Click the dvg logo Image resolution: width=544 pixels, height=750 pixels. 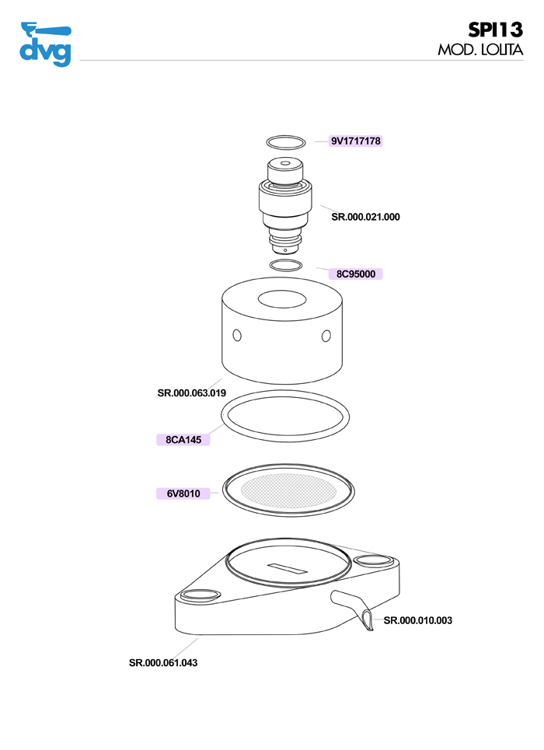pos(45,44)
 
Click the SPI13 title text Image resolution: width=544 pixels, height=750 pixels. pos(495,30)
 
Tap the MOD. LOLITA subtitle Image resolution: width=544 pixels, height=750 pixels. pos(480,50)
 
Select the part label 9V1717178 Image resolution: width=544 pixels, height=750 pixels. pos(355,141)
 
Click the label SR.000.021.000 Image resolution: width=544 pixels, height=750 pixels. pos(365,217)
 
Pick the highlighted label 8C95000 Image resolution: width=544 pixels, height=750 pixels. pos(355,274)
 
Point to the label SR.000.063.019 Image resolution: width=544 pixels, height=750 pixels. pos(191,392)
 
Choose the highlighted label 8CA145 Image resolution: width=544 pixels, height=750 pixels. pos(183,440)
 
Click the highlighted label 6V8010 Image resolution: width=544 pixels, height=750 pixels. pos(183,494)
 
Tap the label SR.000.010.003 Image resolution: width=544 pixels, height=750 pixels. pos(417,620)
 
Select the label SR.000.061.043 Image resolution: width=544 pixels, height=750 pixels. pos(163,663)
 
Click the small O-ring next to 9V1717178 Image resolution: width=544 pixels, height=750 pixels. pos(286,136)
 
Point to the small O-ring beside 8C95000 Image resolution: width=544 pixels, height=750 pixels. pos(286,260)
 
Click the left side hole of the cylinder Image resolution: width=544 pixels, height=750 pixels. pos(237,335)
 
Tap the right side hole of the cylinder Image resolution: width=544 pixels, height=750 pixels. pos(326,336)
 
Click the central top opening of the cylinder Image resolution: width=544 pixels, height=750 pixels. pos(282,299)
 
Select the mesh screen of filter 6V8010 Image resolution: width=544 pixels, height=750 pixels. pos(288,490)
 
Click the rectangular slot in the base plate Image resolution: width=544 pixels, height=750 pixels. pos(287,568)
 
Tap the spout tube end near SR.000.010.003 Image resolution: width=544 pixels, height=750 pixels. pos(368,621)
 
